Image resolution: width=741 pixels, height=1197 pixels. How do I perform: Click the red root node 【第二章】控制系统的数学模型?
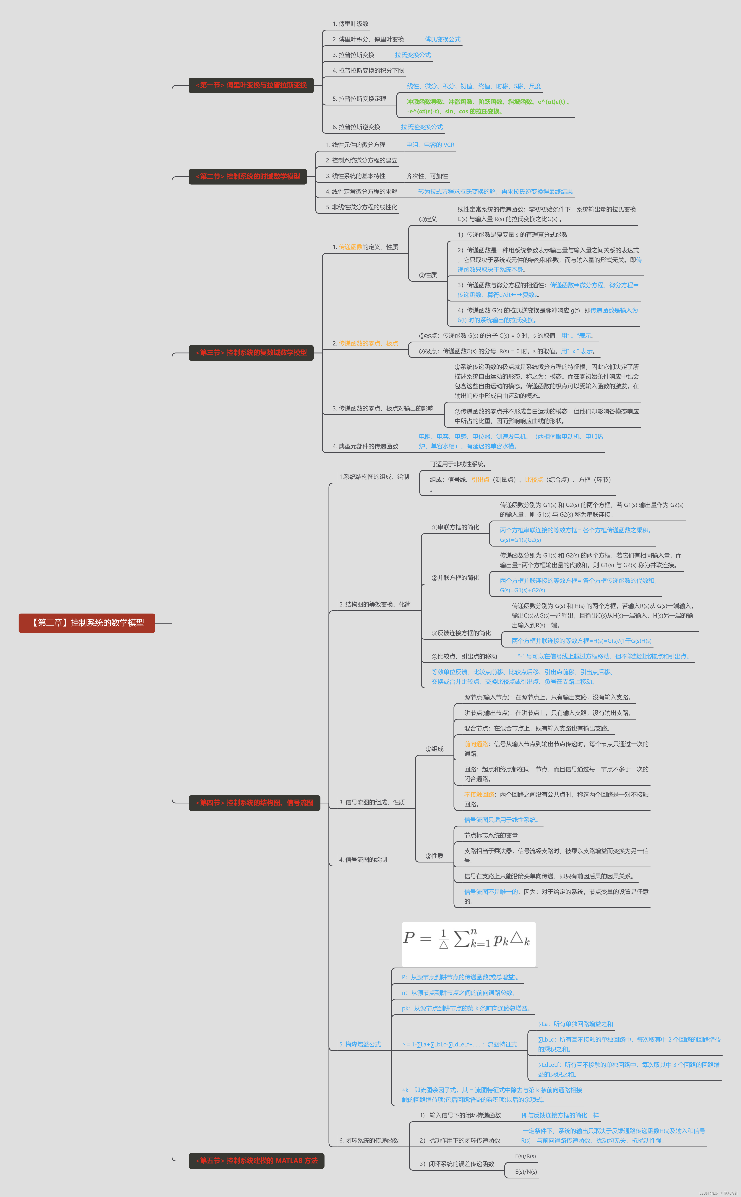87,622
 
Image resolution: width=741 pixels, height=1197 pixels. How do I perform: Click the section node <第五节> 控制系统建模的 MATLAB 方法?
256,1160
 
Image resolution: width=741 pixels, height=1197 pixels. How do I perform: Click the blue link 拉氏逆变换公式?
421,127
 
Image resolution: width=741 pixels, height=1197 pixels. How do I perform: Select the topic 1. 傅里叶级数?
350,24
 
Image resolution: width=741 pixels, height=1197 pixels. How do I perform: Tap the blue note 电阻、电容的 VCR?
430,144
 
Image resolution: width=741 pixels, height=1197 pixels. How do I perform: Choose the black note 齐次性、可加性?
427,176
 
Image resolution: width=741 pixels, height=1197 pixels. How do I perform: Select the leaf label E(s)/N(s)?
526,1172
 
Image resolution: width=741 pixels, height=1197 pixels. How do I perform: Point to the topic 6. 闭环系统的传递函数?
369,1140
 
